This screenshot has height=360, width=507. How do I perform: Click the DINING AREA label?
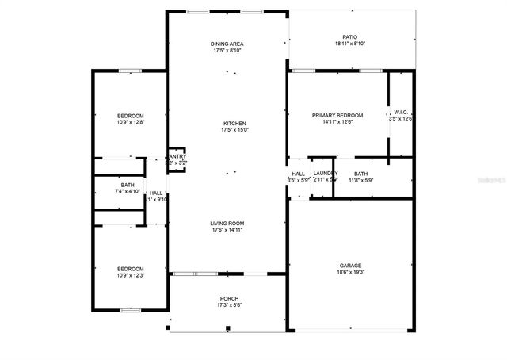(227, 44)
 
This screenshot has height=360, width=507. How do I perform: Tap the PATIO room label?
(349, 37)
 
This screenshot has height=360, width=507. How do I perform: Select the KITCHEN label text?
(234, 124)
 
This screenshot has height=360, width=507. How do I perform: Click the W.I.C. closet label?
(400, 113)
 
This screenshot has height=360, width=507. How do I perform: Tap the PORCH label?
(229, 299)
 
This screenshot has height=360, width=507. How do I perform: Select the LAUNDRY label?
(325, 174)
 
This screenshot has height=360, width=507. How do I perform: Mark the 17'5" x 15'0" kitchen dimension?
(234, 130)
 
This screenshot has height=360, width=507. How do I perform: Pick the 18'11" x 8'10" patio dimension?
(349, 44)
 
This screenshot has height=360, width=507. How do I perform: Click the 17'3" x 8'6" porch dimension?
(229, 305)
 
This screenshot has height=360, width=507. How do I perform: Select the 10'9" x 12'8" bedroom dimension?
(131, 122)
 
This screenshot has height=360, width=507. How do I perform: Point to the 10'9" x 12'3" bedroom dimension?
(131, 275)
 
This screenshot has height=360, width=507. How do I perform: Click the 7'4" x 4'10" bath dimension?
(127, 191)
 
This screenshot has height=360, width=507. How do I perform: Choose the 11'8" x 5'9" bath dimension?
(361, 180)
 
